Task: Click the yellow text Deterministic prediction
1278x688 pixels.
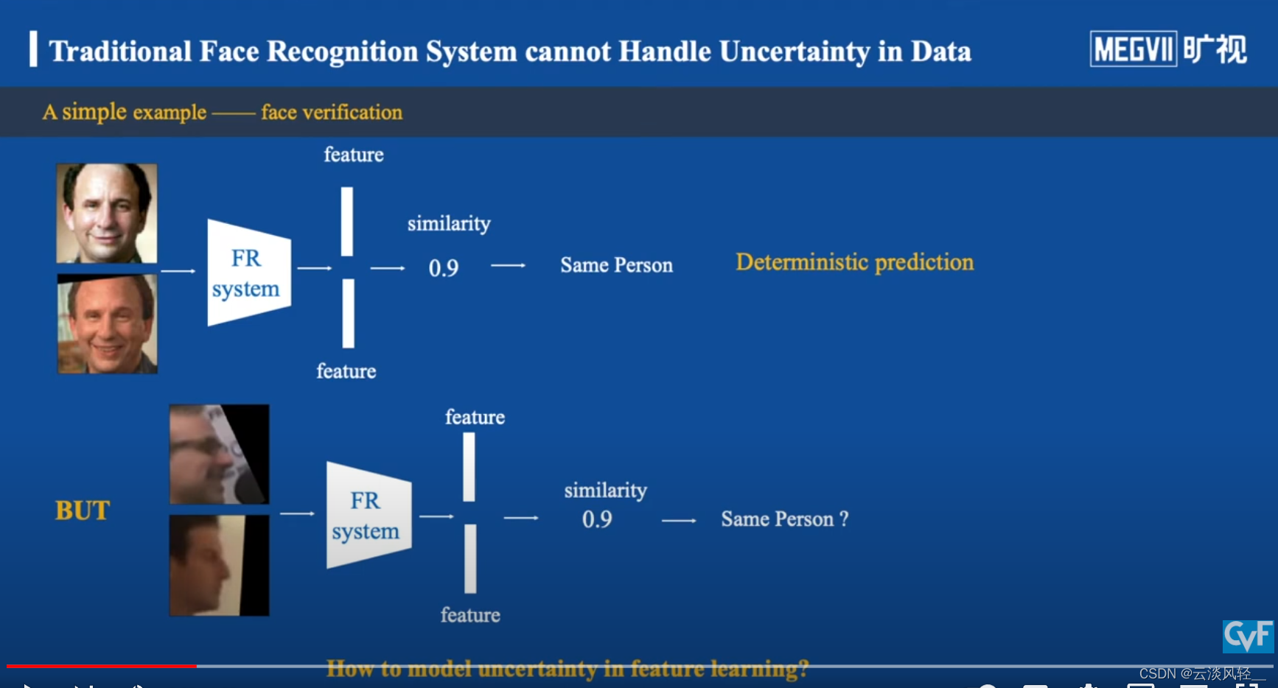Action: pos(854,262)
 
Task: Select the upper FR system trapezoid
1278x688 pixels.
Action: pos(248,273)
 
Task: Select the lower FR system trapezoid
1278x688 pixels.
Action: pos(368,516)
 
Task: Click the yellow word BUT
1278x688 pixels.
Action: pos(83,510)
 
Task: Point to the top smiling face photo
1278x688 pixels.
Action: pos(107,213)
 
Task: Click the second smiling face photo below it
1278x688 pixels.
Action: pos(108,324)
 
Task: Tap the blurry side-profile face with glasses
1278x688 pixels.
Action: pos(219,454)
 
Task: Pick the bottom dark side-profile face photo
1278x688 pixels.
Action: pos(219,565)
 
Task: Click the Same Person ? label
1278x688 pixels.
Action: pos(784,519)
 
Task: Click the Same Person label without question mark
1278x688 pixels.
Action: pos(616,265)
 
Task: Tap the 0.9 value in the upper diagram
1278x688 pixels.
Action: pos(444,268)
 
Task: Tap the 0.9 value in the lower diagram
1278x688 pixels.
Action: pos(597,519)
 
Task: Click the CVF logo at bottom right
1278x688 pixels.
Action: pos(1248,636)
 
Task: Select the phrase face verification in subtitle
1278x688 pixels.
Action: pos(332,112)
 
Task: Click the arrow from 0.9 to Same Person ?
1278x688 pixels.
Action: pos(679,521)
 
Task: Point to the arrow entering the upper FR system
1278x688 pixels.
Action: pos(178,271)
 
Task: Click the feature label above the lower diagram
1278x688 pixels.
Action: pos(475,417)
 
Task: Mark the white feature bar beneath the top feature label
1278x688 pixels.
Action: pos(346,221)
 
